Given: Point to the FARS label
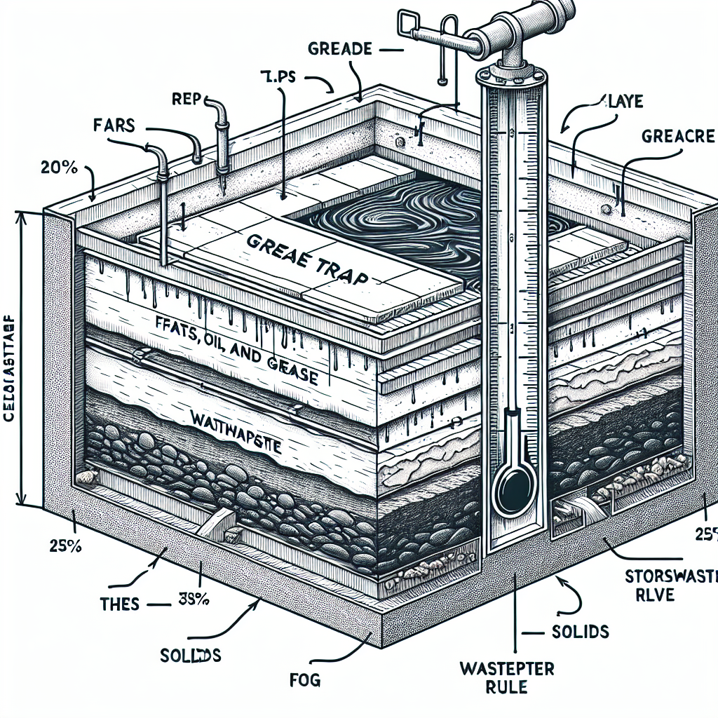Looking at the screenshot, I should tap(114, 128).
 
